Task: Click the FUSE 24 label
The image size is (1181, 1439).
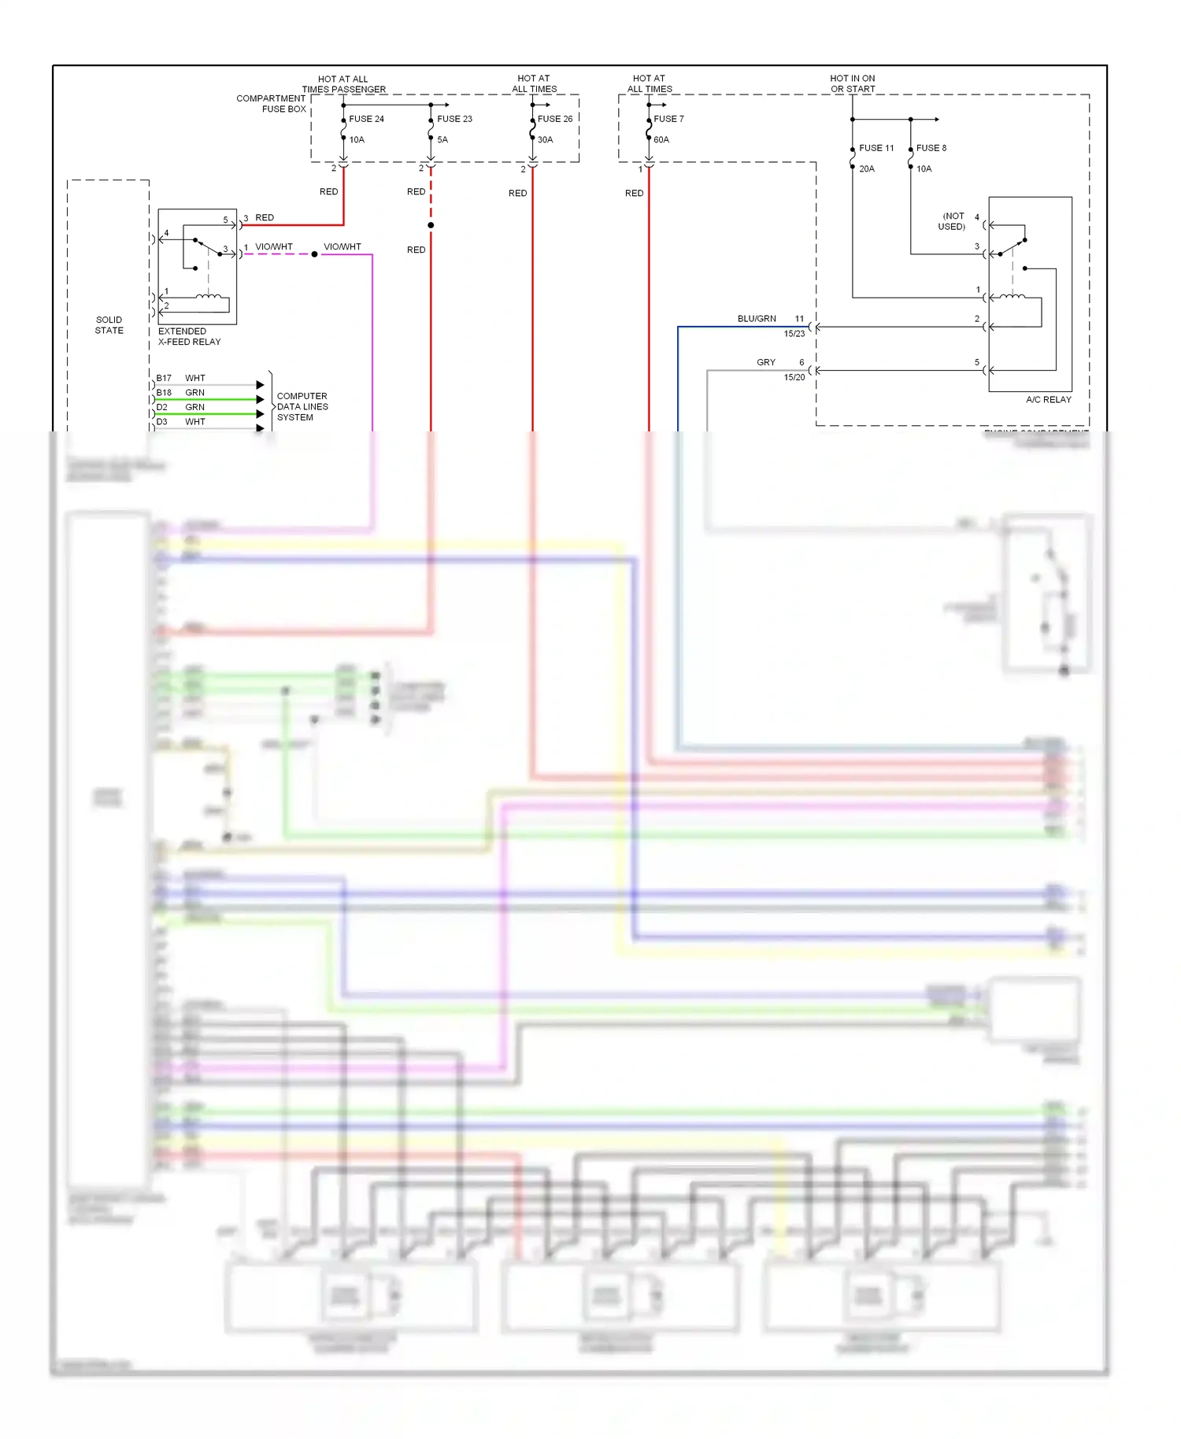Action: pyautogui.click(x=366, y=119)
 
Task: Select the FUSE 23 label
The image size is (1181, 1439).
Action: pyautogui.click(x=454, y=119)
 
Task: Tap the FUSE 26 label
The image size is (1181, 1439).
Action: pyautogui.click(x=555, y=119)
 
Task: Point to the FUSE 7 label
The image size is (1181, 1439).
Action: pyautogui.click(x=668, y=119)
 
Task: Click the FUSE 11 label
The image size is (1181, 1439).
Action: pyautogui.click(x=876, y=148)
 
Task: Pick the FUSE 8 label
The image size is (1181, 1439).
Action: pyautogui.click(x=931, y=148)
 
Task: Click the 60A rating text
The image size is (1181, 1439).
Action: pyautogui.click(x=661, y=140)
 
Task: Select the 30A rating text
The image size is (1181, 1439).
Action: pyautogui.click(x=546, y=140)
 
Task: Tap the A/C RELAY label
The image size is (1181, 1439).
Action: pyautogui.click(x=1048, y=400)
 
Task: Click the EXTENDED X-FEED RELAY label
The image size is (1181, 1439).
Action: pyautogui.click(x=189, y=337)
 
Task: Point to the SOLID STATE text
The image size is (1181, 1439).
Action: pyautogui.click(x=109, y=325)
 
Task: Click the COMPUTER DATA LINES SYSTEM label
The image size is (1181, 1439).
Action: pyautogui.click(x=302, y=407)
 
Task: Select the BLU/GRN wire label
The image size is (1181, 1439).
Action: pyautogui.click(x=757, y=319)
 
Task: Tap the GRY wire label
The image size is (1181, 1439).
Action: pyautogui.click(x=766, y=363)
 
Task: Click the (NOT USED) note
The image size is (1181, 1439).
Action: pyautogui.click(x=952, y=221)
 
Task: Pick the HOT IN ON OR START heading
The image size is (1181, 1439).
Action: pyautogui.click(x=853, y=83)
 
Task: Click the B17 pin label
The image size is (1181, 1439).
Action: pyautogui.click(x=164, y=379)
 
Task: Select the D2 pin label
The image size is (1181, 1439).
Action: pyautogui.click(x=161, y=408)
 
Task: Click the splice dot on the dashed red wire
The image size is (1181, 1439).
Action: pyautogui.click(x=431, y=226)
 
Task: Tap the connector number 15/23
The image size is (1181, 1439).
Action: pyautogui.click(x=794, y=334)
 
